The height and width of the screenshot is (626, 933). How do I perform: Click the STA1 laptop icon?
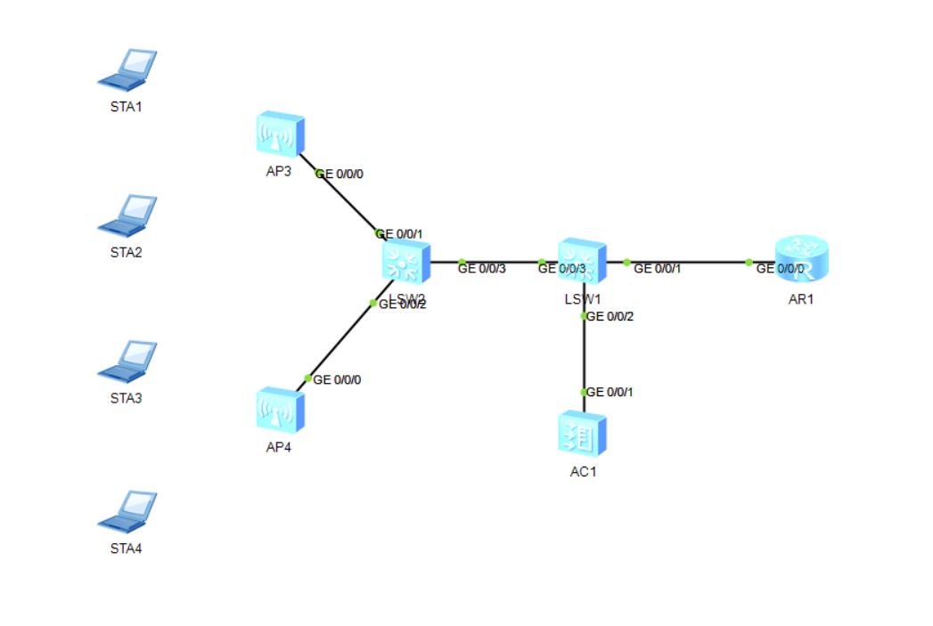(127, 69)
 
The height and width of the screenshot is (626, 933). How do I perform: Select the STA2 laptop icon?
(127, 215)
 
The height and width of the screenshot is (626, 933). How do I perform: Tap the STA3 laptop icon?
(127, 361)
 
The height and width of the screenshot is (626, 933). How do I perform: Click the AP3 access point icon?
(280, 134)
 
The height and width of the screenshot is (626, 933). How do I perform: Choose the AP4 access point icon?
(280, 411)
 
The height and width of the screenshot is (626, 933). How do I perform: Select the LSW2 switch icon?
(405, 263)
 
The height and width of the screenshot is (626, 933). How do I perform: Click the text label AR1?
(801, 299)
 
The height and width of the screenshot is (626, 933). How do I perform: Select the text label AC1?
(583, 472)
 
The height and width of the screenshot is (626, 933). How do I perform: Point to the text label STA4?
(127, 549)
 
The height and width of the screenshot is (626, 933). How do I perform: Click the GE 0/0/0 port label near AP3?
(340, 175)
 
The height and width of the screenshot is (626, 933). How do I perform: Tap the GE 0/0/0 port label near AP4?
(337, 380)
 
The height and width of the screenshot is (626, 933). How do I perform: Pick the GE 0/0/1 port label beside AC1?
(610, 393)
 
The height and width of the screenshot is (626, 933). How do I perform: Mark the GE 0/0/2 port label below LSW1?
(610, 316)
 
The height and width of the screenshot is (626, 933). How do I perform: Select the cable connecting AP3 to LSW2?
(343, 196)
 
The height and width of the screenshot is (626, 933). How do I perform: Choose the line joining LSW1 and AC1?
(584, 356)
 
